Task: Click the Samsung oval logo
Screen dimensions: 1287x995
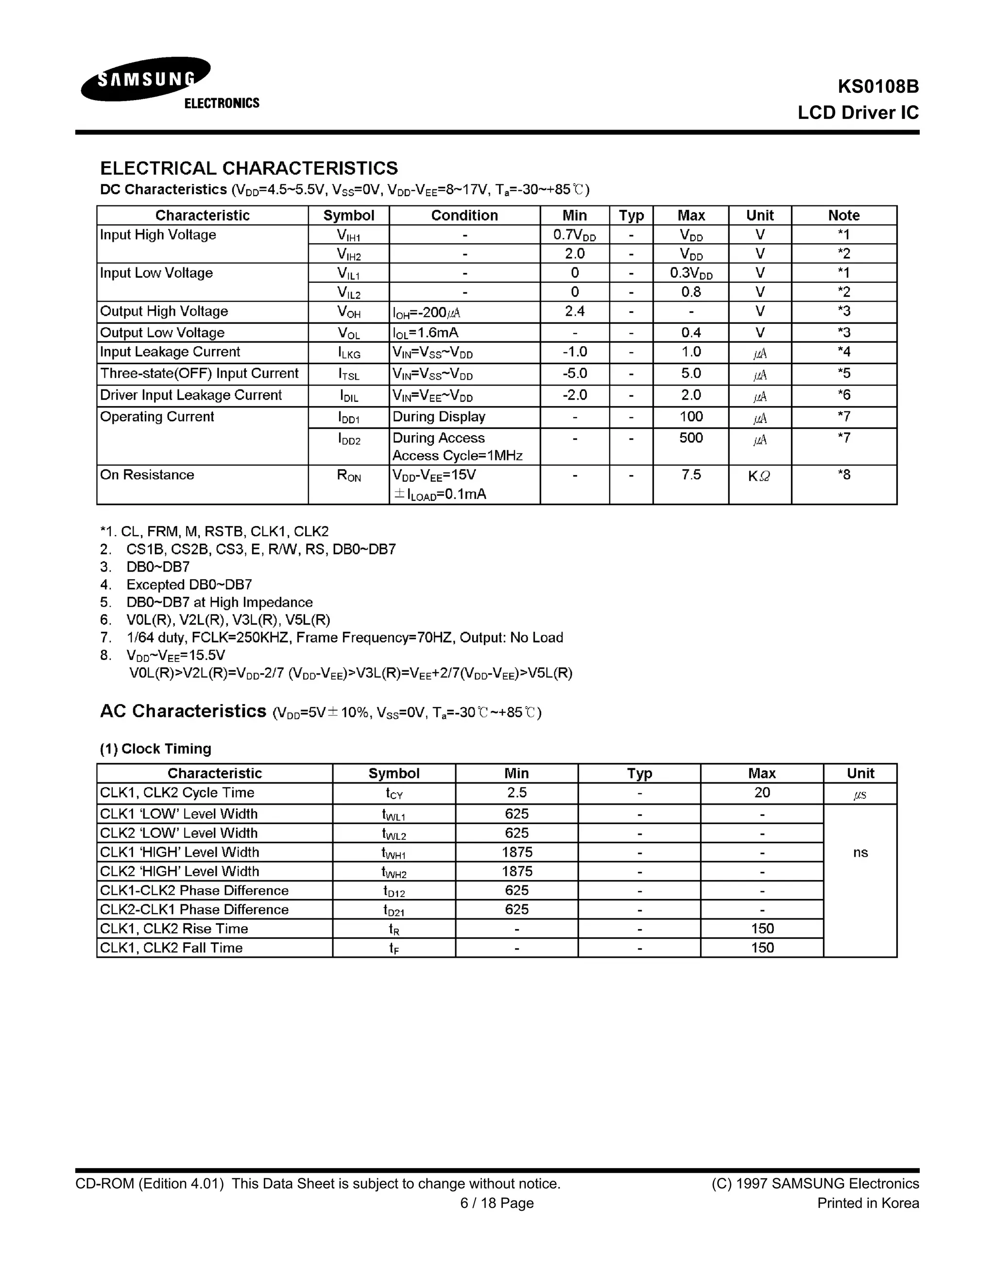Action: coord(146,79)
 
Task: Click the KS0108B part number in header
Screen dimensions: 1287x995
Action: coord(878,86)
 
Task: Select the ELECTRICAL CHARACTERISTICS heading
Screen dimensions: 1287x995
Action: coord(249,168)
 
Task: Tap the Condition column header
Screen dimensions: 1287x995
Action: coord(464,215)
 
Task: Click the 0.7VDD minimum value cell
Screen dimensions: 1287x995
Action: coord(574,235)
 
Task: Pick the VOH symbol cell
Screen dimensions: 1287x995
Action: coord(348,312)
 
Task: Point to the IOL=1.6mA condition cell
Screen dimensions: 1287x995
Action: coord(426,333)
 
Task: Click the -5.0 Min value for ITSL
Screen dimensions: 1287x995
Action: coord(574,373)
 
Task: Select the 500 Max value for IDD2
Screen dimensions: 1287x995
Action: coord(691,438)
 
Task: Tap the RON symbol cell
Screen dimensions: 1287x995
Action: coord(348,475)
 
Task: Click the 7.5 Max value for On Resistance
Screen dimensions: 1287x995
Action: coord(691,475)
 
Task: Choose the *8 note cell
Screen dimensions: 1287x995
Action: coord(843,475)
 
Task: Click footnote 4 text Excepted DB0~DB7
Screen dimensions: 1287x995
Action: coord(189,585)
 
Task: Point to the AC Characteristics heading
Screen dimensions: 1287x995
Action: coord(183,711)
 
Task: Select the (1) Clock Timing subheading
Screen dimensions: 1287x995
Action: coord(155,748)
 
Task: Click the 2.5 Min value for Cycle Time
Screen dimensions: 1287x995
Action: coord(516,793)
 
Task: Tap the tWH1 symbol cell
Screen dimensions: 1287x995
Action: coord(394,853)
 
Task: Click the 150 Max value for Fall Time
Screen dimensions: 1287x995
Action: coord(762,948)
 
